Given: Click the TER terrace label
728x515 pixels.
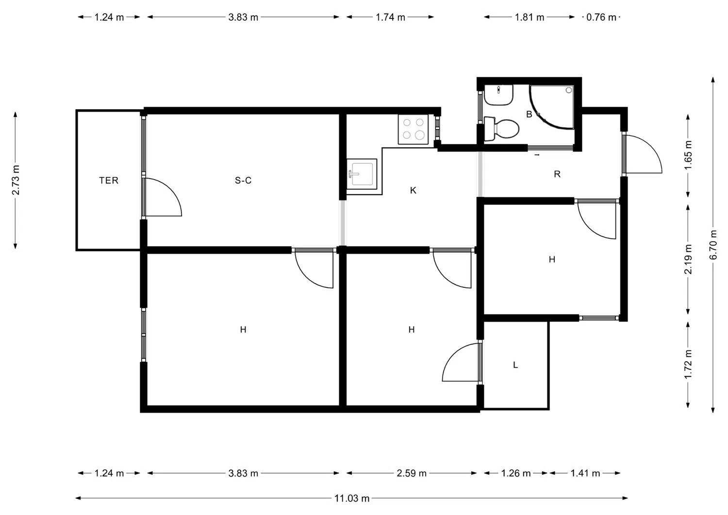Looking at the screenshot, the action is click(109, 181).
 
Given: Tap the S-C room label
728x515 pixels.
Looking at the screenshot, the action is click(243, 181).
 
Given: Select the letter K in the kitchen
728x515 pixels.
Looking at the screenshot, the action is click(413, 191).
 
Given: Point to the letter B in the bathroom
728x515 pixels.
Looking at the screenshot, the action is click(529, 115).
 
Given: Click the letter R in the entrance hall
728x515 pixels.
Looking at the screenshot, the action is click(557, 174).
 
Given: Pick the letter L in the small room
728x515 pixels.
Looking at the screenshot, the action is click(515, 365).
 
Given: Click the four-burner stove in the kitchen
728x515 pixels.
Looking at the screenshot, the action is click(414, 130).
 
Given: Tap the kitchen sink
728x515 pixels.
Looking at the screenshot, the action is click(362, 174).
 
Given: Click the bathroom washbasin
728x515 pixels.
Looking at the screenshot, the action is click(498, 95).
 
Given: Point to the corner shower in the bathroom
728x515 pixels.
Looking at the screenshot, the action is click(552, 107).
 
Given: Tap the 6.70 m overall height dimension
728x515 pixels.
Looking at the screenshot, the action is click(713, 245).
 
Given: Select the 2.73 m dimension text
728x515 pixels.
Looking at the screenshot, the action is click(15, 180).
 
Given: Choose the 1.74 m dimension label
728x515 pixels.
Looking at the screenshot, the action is click(390, 17).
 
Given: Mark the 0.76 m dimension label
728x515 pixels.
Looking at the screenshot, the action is click(601, 17).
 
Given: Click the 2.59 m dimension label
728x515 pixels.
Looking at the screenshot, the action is click(412, 473).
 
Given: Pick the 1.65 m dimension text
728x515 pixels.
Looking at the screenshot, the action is click(688, 155).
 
